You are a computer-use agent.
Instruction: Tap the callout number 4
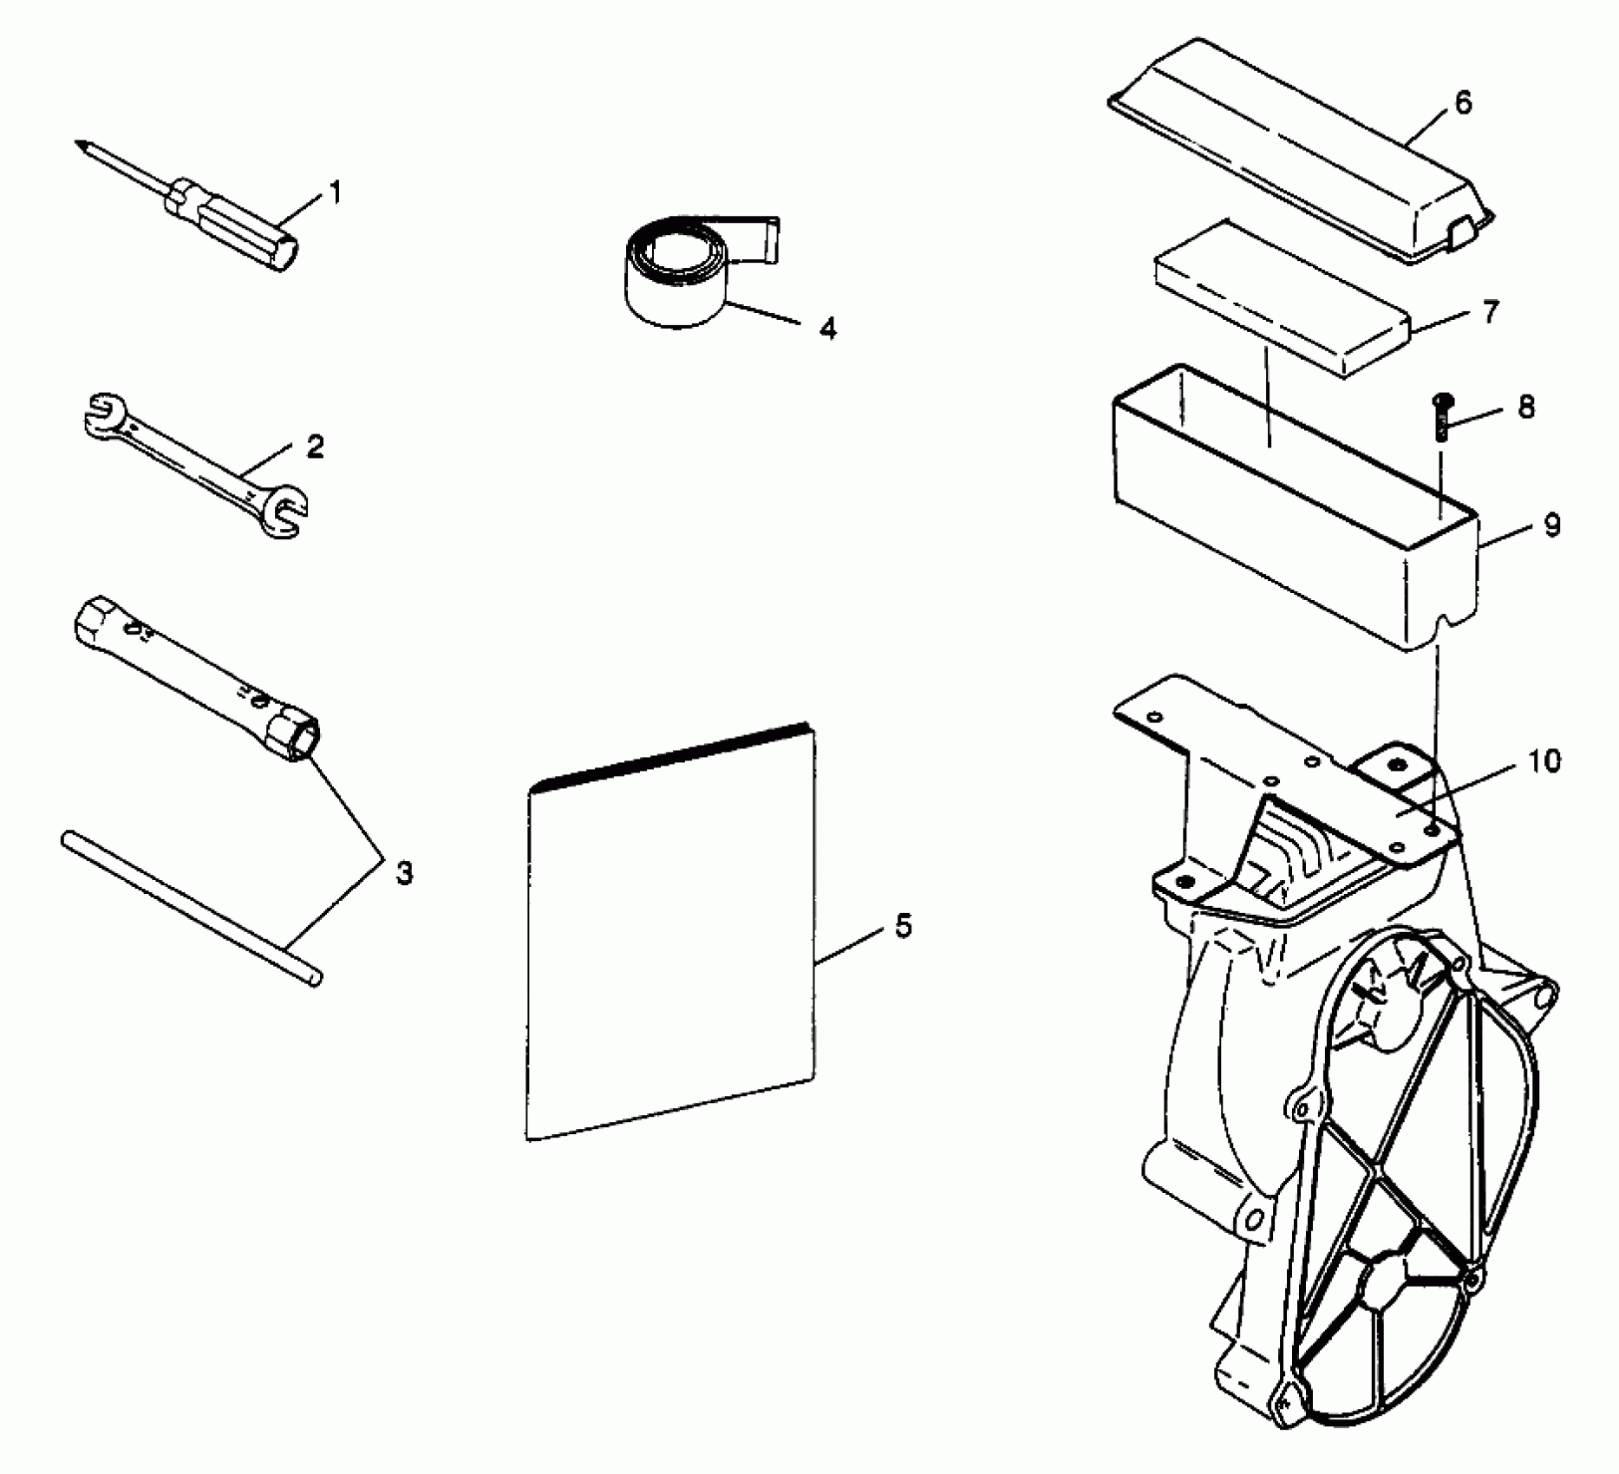pos(828,329)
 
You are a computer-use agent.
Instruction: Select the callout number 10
pos(1543,761)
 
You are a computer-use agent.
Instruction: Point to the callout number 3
pos(403,873)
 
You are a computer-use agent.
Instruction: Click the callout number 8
pos(1525,407)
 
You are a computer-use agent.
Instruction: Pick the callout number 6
pos(1462,103)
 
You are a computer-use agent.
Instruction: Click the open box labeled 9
pos(1292,512)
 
